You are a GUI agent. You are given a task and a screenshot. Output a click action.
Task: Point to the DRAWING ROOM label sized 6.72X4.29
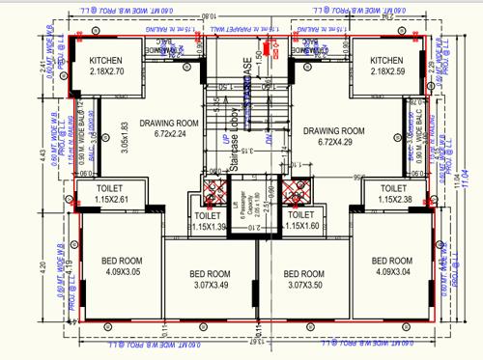click(x=333, y=136)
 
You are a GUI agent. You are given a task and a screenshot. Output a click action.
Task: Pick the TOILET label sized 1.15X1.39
click(x=208, y=220)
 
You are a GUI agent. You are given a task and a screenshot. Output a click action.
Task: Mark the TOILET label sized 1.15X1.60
click(x=301, y=220)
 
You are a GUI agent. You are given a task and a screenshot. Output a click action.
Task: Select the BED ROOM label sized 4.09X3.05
click(x=121, y=264)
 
